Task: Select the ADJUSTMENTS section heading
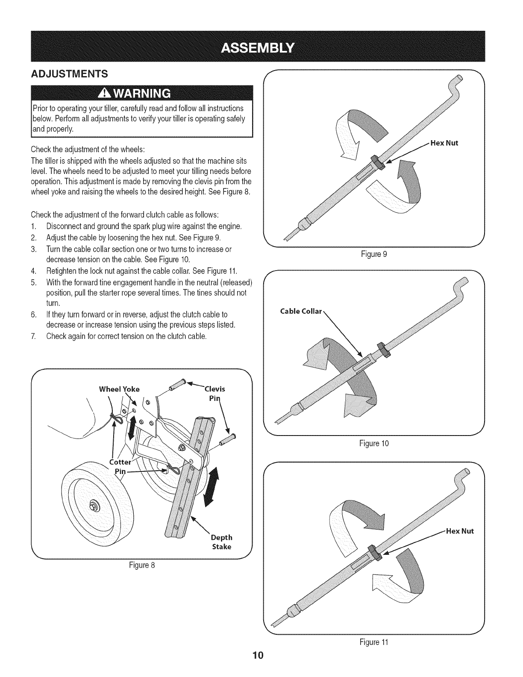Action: [71, 73]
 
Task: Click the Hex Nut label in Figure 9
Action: [444, 143]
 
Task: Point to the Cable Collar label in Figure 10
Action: [300, 311]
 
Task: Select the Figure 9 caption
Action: [374, 254]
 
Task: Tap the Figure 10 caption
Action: [374, 443]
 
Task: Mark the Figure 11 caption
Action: [374, 642]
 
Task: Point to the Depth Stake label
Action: [221, 542]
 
